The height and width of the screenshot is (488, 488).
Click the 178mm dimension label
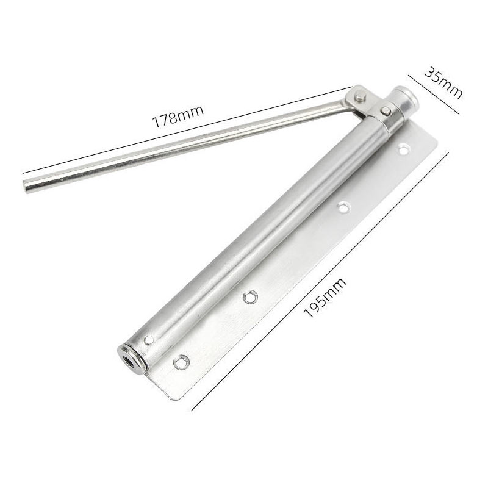[178, 117]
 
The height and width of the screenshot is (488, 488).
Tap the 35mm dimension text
[443, 82]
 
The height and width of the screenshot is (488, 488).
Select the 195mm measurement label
[325, 297]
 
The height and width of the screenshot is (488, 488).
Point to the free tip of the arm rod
[26, 187]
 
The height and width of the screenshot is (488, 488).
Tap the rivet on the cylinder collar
[386, 110]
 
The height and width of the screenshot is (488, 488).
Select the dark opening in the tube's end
[128, 361]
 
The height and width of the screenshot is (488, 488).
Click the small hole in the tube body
[149, 340]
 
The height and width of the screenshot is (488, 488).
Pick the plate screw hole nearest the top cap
[403, 149]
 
